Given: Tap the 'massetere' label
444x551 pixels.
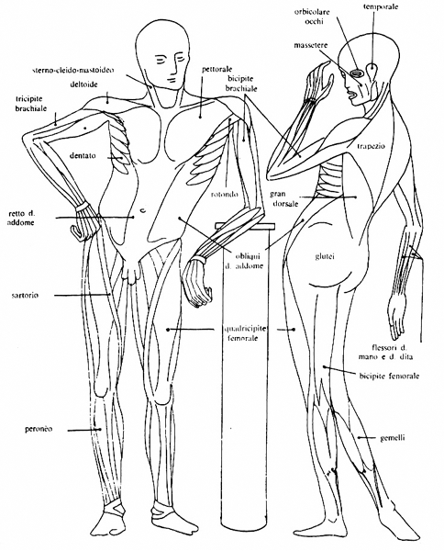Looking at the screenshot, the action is (x=310, y=45).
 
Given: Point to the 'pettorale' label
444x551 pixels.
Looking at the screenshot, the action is (x=216, y=69).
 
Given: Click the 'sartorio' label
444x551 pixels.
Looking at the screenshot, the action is (x=25, y=295).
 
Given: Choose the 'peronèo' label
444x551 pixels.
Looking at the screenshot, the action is (x=39, y=429).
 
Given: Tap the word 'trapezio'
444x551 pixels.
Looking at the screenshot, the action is (x=371, y=146).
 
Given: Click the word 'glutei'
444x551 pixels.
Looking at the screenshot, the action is (x=325, y=256).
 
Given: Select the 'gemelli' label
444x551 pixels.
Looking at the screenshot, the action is (x=393, y=438).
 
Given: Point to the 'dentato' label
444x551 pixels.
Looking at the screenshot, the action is (x=83, y=155).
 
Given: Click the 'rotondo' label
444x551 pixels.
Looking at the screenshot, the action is (x=225, y=194).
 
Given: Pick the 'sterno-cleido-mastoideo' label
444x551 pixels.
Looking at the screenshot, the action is (x=72, y=71).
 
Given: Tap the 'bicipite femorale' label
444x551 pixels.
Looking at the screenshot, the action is (x=389, y=377).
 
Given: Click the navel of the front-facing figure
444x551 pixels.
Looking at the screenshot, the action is (x=142, y=210).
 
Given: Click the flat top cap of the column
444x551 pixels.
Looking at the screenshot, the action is (x=246, y=225).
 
